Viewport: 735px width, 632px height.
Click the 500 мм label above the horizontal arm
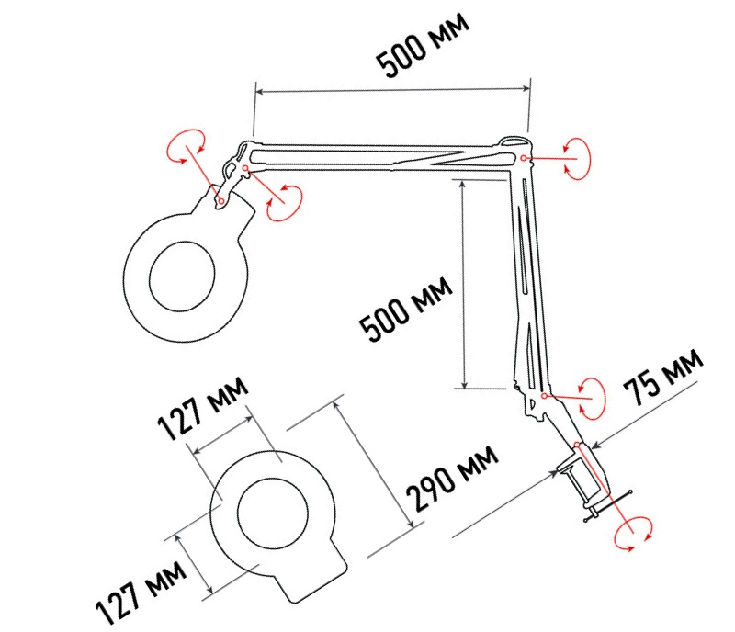(423, 45)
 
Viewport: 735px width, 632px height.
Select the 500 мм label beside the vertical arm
(405, 310)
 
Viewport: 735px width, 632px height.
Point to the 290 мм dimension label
(451, 479)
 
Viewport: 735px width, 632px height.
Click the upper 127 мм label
(202, 408)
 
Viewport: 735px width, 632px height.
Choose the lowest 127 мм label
(141, 592)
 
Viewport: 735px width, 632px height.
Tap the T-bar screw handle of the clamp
(607, 506)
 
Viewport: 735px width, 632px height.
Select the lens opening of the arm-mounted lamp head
(182, 276)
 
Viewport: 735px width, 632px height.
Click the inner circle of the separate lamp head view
(273, 513)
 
